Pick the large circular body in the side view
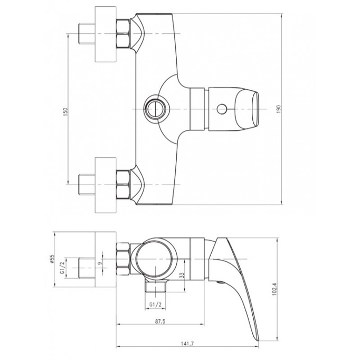(154, 260)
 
